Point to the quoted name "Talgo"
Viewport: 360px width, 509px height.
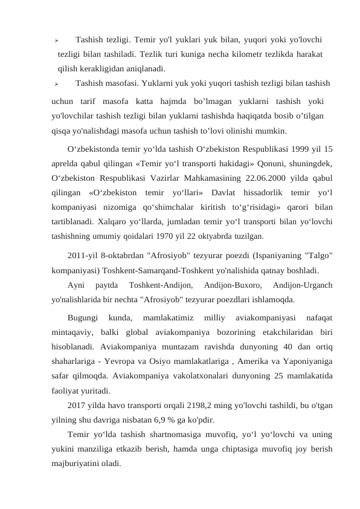(x=314, y=255)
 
